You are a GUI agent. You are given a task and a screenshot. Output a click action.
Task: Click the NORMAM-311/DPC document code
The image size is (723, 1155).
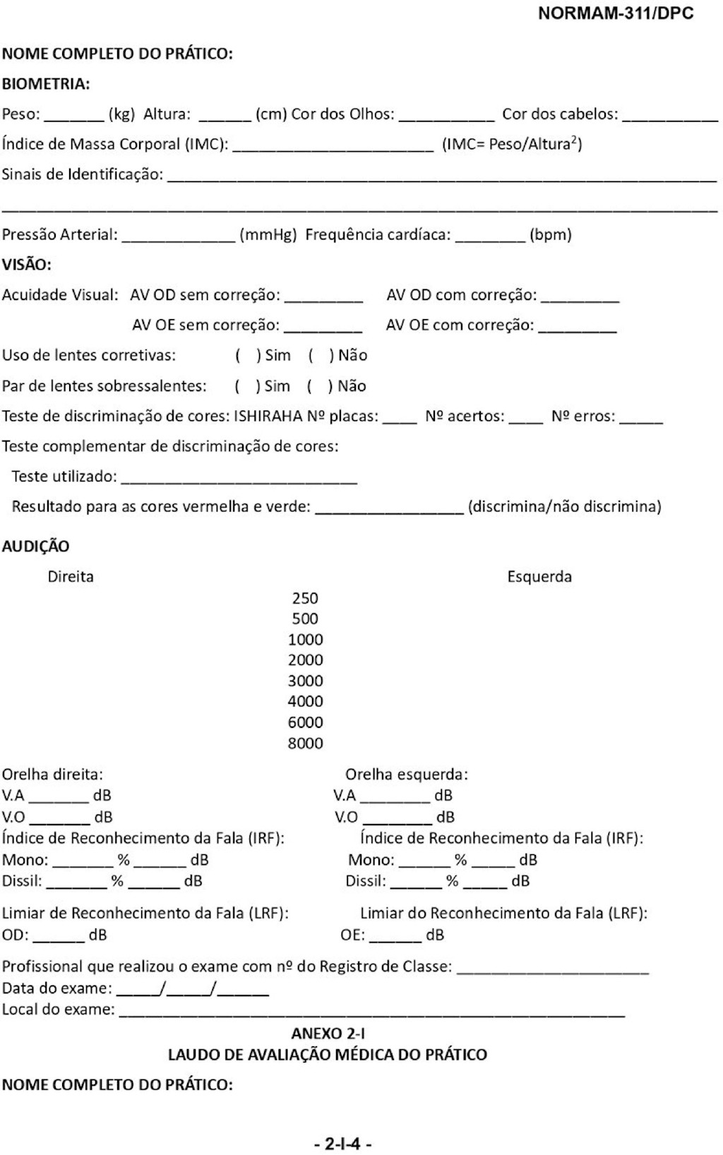tap(615, 13)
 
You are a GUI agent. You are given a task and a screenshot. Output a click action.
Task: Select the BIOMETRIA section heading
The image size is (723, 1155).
tap(46, 84)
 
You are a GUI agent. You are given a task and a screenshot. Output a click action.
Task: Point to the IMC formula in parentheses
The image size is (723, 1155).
tap(512, 144)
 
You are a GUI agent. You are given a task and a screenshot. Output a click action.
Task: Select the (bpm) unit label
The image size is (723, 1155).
tap(550, 234)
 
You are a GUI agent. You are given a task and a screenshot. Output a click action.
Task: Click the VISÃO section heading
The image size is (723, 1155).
tap(27, 265)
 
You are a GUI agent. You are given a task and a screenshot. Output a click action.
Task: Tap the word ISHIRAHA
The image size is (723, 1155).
tap(268, 416)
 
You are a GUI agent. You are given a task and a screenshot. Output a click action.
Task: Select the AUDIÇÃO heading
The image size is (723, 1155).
tap(36, 546)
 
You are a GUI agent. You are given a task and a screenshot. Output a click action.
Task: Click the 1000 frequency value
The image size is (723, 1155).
tap(305, 640)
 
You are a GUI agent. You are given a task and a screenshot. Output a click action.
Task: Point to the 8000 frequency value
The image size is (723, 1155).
tap(305, 743)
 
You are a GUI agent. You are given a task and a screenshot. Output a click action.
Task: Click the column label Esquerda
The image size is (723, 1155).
tap(539, 577)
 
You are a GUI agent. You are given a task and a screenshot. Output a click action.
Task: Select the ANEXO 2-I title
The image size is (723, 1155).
tap(328, 1033)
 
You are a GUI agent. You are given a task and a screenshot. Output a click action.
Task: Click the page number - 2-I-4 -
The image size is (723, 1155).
tap(343, 1143)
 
